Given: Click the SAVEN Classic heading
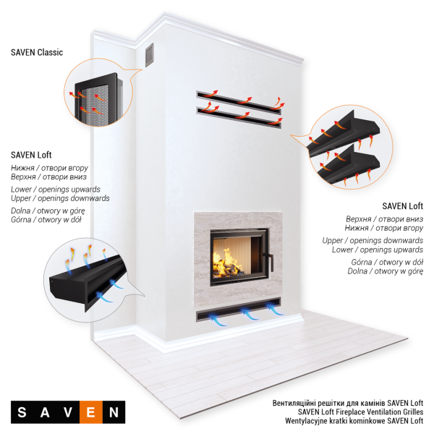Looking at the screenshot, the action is [37, 52].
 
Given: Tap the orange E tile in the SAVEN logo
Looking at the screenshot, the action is [91, 412].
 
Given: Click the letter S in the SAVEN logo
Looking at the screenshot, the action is [22, 412].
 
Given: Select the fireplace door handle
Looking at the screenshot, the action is [269, 262].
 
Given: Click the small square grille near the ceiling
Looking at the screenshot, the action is [150, 55].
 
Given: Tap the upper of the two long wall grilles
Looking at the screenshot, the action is [239, 102].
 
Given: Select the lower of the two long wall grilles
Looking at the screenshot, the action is [239, 118].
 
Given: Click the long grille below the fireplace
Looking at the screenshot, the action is [239, 310].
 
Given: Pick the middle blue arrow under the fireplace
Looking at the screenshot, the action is [250, 315].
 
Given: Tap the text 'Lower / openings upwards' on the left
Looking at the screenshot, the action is [56, 190].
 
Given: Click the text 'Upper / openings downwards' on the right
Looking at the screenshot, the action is [373, 240].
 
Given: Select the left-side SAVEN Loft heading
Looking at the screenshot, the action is [31, 155].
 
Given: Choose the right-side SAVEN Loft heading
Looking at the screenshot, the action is [403, 206].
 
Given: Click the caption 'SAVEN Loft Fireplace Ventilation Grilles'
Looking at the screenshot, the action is [361, 412].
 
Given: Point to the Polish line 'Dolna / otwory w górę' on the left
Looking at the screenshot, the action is [48, 211].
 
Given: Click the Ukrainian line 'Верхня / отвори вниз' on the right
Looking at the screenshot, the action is [385, 219].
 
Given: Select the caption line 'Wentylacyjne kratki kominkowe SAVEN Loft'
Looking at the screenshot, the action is [354, 421].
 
